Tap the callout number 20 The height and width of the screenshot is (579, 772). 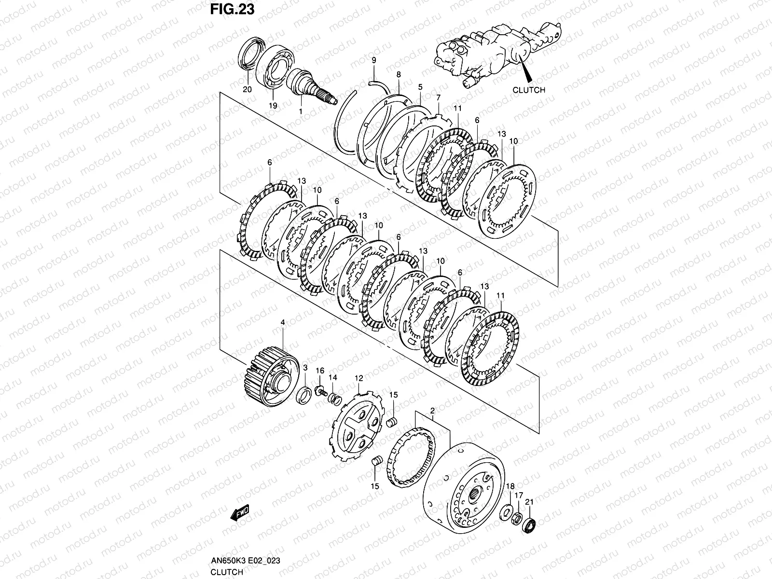248,89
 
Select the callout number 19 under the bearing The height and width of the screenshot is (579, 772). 273,105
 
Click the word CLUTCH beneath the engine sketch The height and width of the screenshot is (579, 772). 528,90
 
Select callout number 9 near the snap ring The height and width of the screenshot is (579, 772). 373,60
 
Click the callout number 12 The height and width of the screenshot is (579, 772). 358,379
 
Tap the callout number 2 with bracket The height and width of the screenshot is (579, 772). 432,411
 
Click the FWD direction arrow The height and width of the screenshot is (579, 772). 240,513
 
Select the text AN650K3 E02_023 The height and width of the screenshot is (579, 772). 246,560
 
